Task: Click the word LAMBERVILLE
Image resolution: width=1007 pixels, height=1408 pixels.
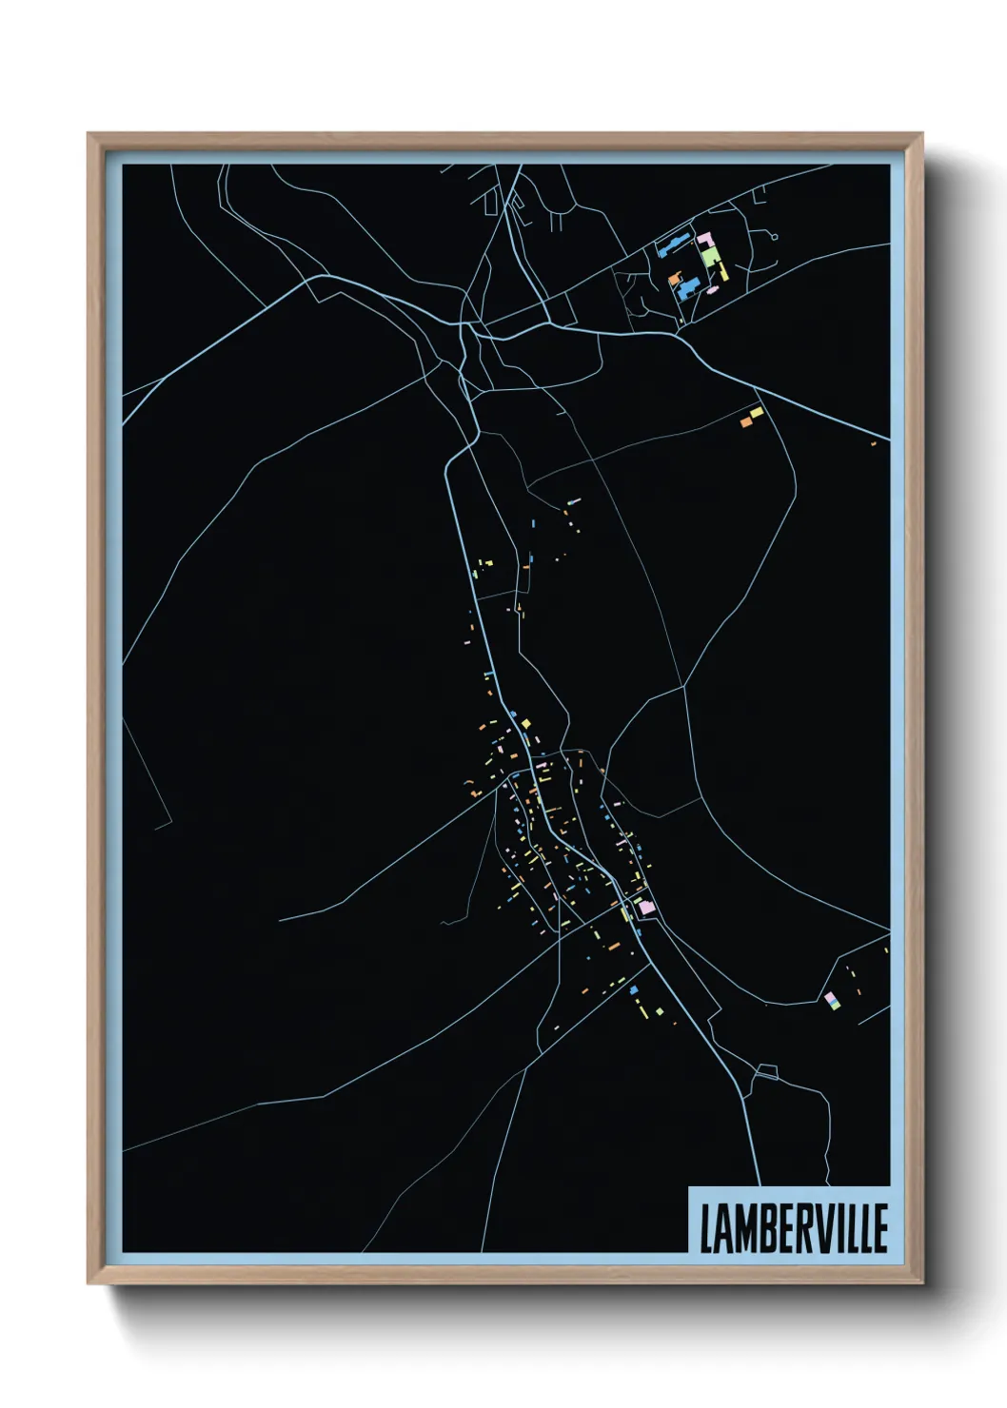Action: pyautogui.click(x=794, y=1228)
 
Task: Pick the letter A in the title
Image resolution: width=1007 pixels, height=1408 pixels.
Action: pyautogui.click(x=725, y=1228)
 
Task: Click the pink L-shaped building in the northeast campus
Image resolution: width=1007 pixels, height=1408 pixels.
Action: pyautogui.click(x=705, y=240)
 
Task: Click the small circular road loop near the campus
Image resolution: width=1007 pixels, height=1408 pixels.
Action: pyautogui.click(x=774, y=236)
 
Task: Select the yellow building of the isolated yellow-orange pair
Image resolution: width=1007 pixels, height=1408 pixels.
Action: pyautogui.click(x=757, y=412)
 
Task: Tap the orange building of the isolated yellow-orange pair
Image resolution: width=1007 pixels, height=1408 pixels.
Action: pyautogui.click(x=745, y=419)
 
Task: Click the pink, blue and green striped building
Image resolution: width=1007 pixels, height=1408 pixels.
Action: pyautogui.click(x=831, y=1000)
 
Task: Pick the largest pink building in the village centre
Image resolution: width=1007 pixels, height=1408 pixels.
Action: pyautogui.click(x=647, y=908)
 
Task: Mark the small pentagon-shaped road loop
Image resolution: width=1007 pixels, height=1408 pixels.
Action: pyautogui.click(x=765, y=1072)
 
